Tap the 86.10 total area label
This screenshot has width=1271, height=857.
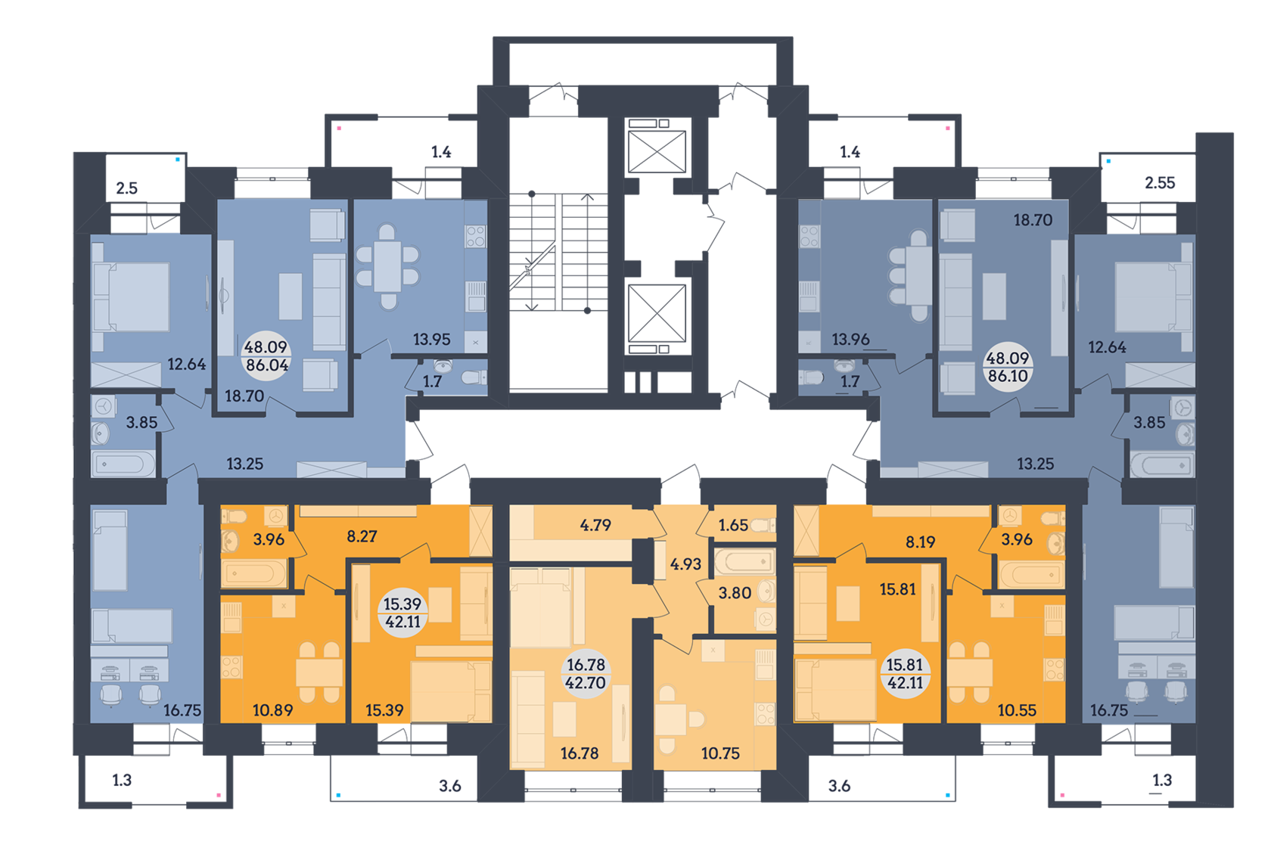[x=1008, y=375]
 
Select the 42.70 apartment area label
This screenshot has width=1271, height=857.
[x=586, y=682]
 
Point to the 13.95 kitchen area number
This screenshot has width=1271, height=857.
[x=431, y=340]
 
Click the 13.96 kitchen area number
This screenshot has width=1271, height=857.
[x=850, y=340]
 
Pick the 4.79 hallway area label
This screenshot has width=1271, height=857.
[x=595, y=525]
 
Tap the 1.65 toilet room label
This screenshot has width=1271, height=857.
[x=733, y=525]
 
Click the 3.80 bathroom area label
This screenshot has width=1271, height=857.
[x=734, y=593]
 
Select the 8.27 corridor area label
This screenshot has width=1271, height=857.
[x=362, y=536]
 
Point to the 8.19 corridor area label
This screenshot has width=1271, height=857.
[x=920, y=542]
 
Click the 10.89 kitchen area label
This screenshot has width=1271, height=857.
[x=272, y=710]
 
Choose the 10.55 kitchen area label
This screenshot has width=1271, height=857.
[x=1017, y=710]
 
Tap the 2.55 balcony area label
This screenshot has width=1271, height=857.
[x=1160, y=182]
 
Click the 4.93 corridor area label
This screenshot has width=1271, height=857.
[x=685, y=564]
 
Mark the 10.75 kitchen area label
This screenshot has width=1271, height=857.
[x=720, y=753]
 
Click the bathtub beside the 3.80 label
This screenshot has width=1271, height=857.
[x=745, y=561]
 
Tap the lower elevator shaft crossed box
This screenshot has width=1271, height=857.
[x=657, y=314]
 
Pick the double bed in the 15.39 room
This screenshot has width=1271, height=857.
[x=450, y=691]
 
